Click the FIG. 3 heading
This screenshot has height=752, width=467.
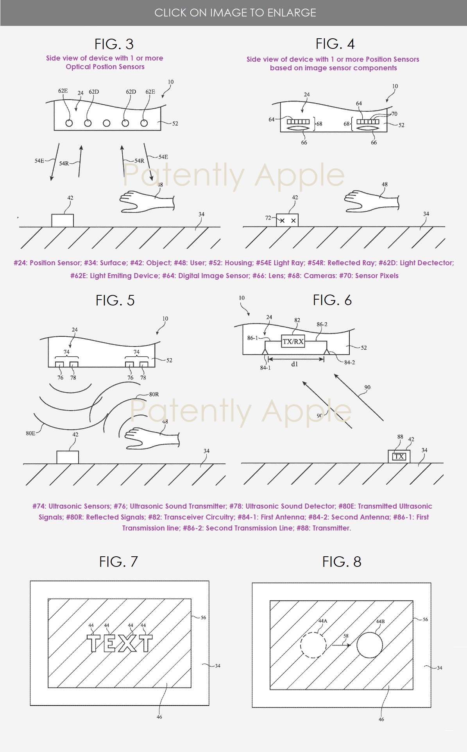(114, 44)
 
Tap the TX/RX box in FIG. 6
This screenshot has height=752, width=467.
(293, 341)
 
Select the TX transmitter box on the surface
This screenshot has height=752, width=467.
(399, 456)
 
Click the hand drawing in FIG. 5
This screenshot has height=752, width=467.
(151, 438)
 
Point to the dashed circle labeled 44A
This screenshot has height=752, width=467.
(313, 645)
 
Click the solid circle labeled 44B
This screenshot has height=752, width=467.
(369, 645)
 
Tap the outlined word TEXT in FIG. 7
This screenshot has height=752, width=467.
(119, 643)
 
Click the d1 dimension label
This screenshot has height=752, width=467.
(295, 364)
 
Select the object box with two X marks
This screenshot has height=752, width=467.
(287, 220)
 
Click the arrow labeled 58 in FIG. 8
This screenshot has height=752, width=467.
(341, 645)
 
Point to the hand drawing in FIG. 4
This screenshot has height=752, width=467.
(371, 201)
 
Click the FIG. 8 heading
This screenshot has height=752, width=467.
(342, 562)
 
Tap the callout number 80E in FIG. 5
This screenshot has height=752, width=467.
(30, 433)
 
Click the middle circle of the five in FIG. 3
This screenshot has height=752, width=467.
(106, 123)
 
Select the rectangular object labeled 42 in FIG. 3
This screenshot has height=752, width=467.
(63, 220)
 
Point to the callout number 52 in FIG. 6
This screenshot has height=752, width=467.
(364, 348)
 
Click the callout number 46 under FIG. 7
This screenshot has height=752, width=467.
(159, 717)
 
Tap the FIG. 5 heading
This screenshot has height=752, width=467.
(115, 300)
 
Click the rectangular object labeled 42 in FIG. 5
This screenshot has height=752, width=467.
(68, 457)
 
